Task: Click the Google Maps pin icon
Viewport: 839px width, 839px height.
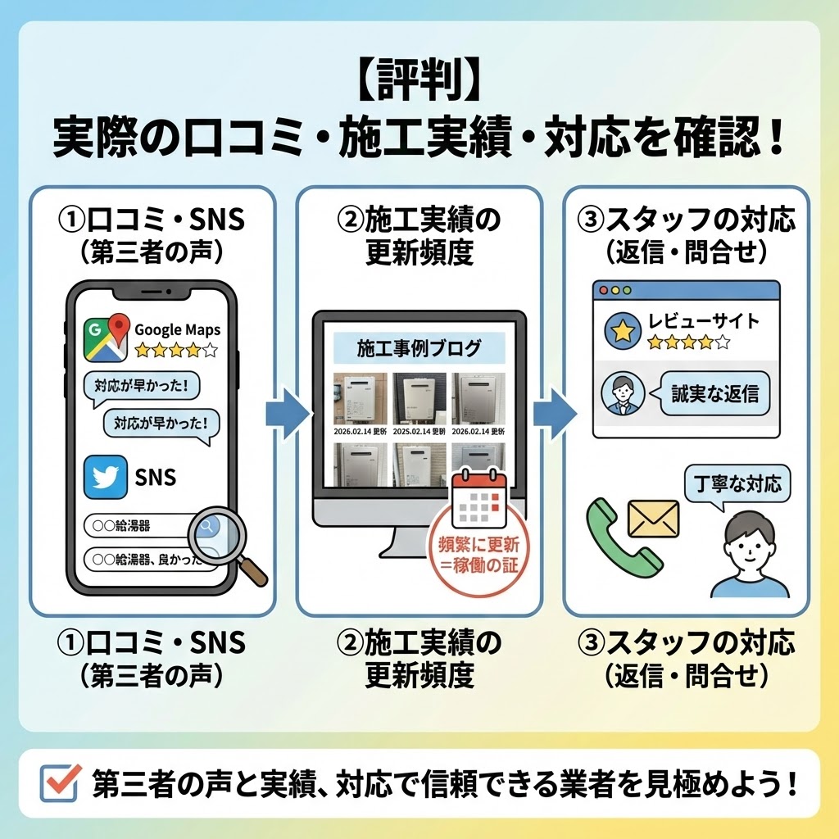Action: [x=107, y=337]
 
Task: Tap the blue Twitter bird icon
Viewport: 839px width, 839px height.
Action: [x=106, y=476]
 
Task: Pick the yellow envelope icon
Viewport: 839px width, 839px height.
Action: [x=653, y=518]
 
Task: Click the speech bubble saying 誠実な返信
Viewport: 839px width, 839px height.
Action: [x=714, y=392]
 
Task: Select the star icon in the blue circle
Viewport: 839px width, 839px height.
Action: [x=622, y=331]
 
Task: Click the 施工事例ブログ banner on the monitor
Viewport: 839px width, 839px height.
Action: [x=419, y=348]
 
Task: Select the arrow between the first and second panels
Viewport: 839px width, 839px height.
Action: [x=286, y=414]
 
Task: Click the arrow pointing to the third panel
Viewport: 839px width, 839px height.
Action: [x=553, y=414]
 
